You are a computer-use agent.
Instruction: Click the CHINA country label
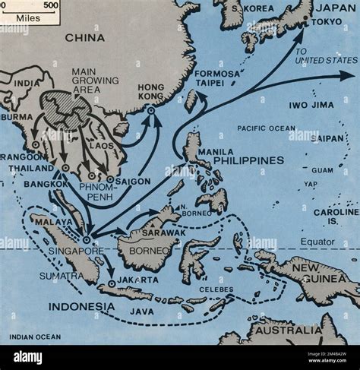(x=84, y=37)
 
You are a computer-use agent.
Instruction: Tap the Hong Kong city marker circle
(x=150, y=111)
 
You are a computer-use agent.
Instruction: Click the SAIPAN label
(x=327, y=138)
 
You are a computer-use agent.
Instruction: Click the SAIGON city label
(x=134, y=182)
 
